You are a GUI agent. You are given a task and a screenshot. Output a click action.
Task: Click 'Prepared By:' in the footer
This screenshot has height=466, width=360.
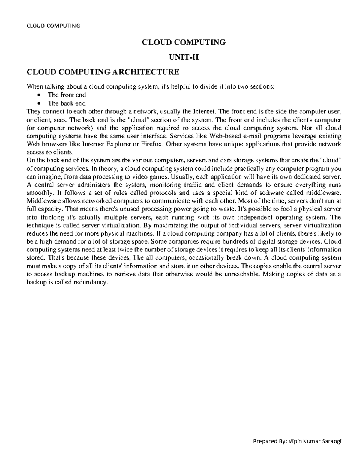[x=270, y=441]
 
